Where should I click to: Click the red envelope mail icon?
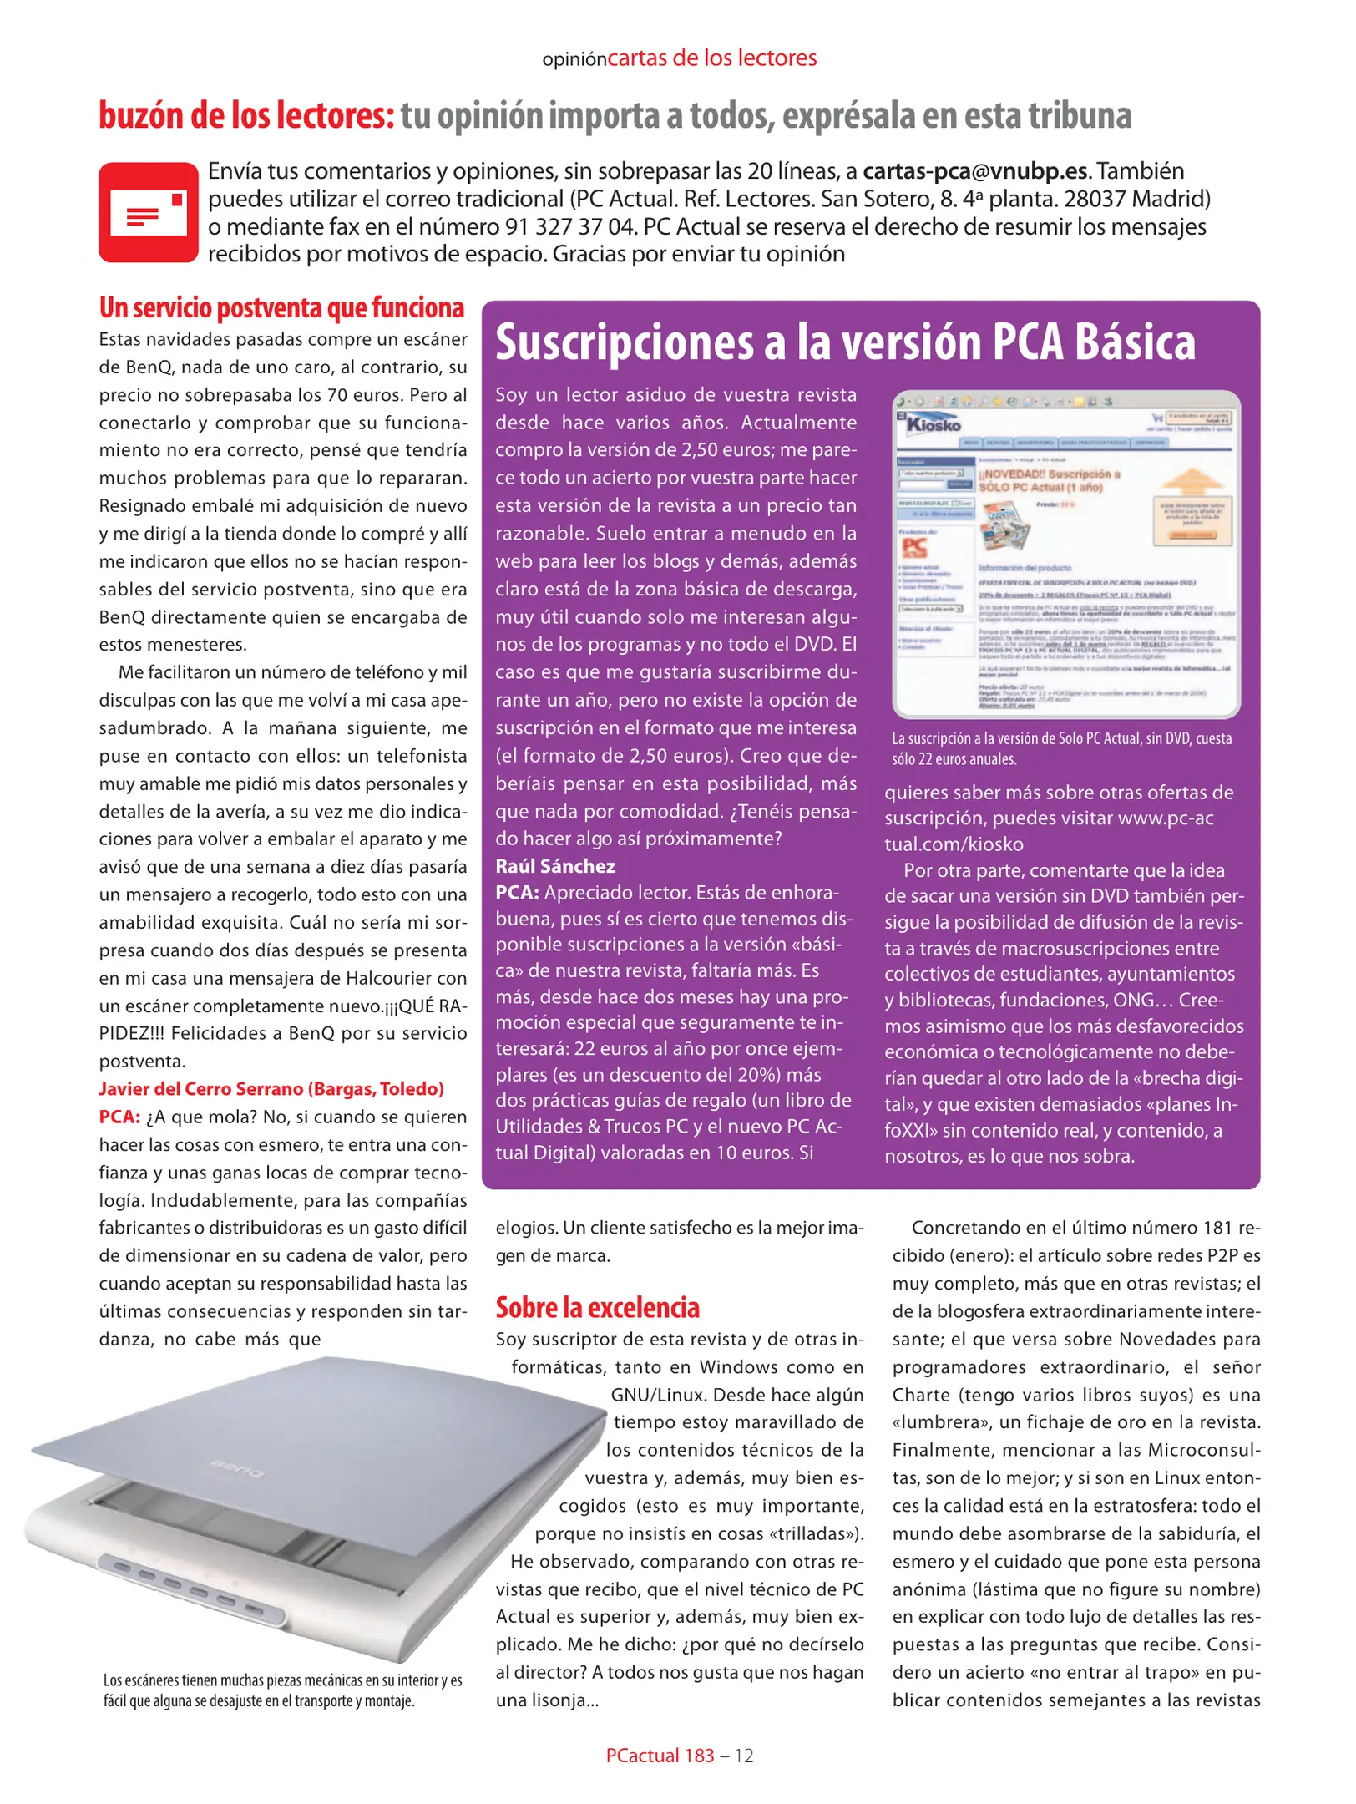click(149, 212)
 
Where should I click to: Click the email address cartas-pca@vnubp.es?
click(975, 171)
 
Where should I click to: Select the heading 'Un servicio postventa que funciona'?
click(281, 308)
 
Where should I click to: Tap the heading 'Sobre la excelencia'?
click(597, 1308)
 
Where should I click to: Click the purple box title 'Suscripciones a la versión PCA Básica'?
click(845, 342)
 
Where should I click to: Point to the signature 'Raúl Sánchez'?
click(555, 866)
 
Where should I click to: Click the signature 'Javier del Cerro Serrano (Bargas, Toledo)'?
click(271, 1089)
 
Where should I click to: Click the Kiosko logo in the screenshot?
click(933, 423)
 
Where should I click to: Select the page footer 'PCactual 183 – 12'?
click(679, 1756)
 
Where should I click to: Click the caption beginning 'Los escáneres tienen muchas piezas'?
click(282, 1690)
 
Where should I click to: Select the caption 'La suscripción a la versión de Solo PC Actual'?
click(1061, 748)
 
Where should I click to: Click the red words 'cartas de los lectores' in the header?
click(711, 58)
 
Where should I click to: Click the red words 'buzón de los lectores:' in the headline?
click(246, 115)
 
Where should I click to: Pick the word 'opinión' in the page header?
click(574, 60)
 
